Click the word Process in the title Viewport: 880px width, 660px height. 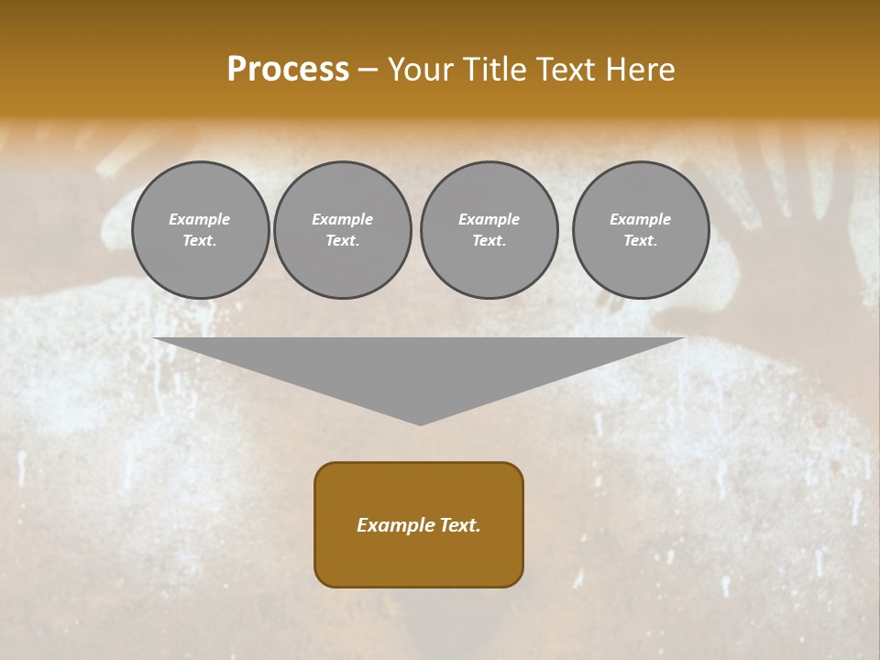tap(288, 70)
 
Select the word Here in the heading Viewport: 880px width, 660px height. tap(639, 70)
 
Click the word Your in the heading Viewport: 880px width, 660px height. tap(419, 70)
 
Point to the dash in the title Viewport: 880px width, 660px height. tap(368, 71)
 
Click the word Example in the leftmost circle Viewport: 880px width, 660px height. tap(200, 219)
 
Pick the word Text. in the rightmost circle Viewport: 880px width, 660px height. tap(640, 241)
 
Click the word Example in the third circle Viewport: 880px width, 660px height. tap(489, 219)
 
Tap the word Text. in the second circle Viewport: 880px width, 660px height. tap(342, 241)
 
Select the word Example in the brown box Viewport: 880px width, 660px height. tap(394, 525)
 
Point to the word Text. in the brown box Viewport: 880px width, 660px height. tap(458, 525)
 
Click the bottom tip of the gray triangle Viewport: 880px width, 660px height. tap(420, 423)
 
